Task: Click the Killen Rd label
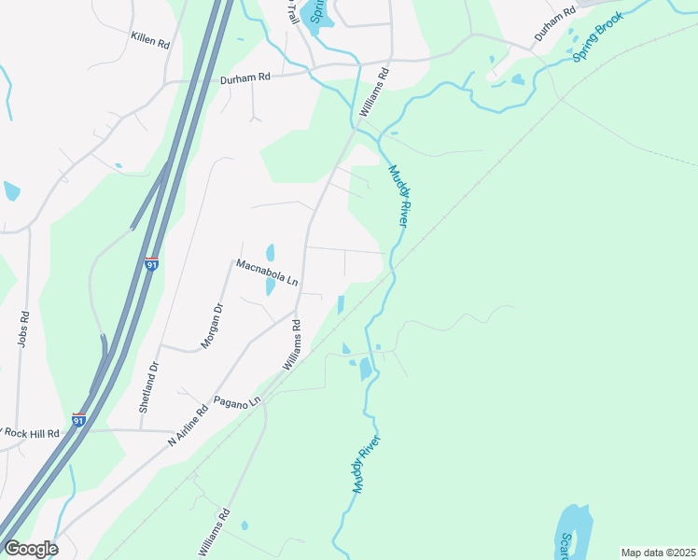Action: coord(150,43)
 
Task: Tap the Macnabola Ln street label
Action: coord(266,272)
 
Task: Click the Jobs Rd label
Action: coord(22,329)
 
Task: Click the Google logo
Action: coord(31,549)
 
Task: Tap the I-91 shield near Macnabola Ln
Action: coord(152,264)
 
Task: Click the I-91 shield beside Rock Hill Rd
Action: coord(79,420)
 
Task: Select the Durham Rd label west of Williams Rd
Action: coord(244,79)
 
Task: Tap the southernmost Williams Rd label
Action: coord(214,532)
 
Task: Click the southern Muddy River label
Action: coord(359,464)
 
